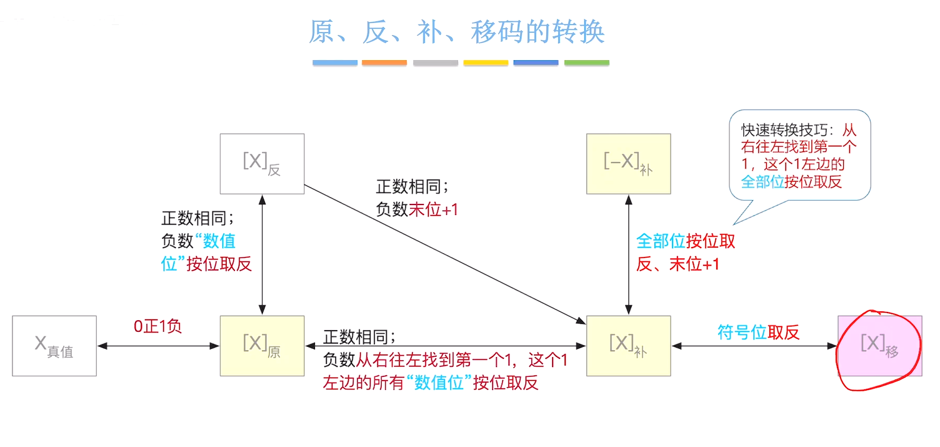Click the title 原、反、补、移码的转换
(457, 32)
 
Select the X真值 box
(54, 346)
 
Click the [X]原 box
(262, 346)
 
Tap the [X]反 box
(262, 163)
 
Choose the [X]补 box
(628, 346)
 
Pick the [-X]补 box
(628, 164)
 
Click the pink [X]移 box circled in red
(879, 346)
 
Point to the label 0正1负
(157, 326)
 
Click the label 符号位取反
(758, 333)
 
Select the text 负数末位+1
(417, 209)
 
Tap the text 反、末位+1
(677, 264)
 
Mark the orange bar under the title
(384, 63)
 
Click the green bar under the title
(586, 63)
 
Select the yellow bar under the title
(486, 63)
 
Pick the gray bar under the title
(435, 63)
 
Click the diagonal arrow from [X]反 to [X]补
(444, 254)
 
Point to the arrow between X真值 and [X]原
(158, 346)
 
